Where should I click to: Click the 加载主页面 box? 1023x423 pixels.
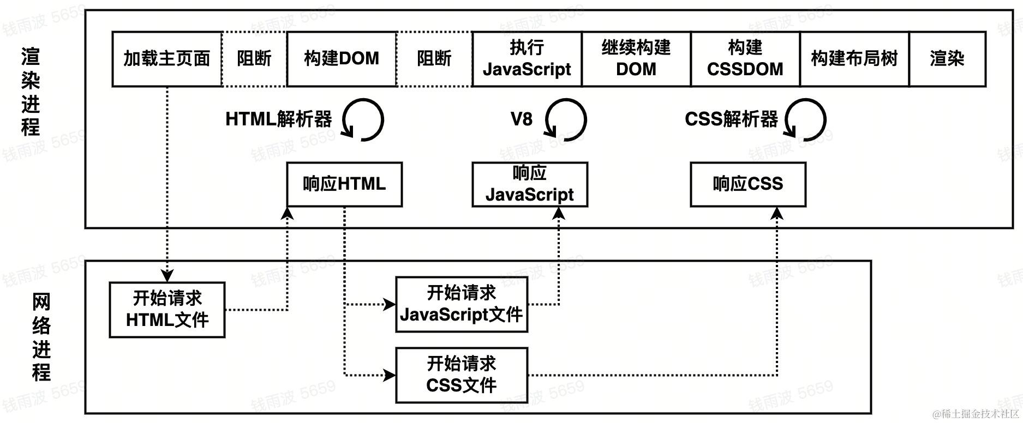166,59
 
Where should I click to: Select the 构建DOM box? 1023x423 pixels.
341,59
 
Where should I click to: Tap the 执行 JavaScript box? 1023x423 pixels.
527,59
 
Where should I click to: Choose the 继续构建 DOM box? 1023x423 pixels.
636,59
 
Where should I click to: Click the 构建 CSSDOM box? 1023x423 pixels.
745,59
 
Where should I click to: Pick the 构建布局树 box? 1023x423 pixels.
854,59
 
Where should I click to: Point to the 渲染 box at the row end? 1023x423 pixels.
947,59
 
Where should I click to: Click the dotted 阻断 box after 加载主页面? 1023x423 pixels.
254,59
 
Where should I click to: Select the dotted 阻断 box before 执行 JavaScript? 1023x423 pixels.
434,59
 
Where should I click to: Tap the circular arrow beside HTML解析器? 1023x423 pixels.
363,120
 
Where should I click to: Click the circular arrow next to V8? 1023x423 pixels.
566,120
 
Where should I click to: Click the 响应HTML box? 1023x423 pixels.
344,184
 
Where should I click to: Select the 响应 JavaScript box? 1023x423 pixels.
529,184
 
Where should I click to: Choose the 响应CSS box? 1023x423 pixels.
747,184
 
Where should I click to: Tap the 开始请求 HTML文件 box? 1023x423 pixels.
167,310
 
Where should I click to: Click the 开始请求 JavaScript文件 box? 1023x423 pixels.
461,304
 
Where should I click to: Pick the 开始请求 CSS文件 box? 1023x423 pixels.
461,375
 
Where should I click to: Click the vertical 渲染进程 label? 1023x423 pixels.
31,92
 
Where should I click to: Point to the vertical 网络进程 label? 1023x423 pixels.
41,337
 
